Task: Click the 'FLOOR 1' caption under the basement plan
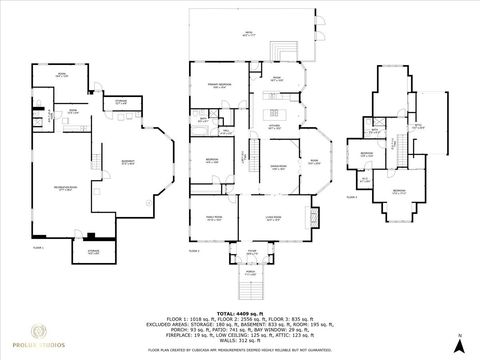click(x=37, y=245)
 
